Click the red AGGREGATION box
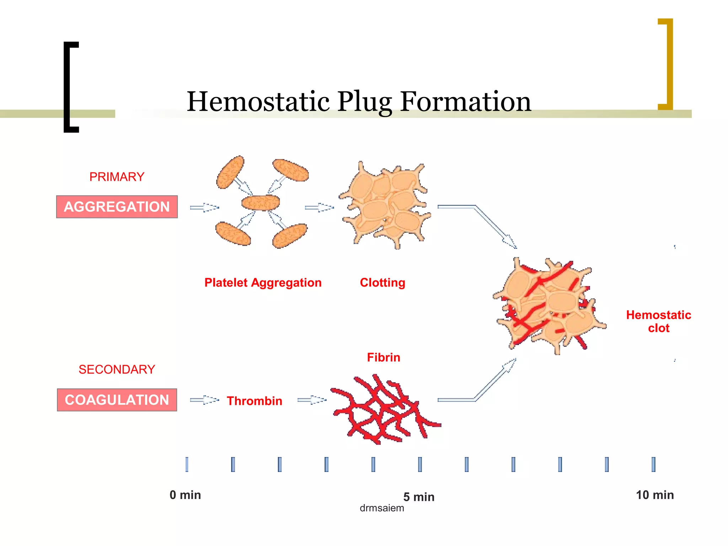click(x=117, y=207)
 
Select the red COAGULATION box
click(x=117, y=400)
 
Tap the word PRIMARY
click(x=117, y=177)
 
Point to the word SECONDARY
click(x=117, y=369)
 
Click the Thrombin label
click(x=255, y=401)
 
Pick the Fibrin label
click(x=384, y=357)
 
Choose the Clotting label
click(x=382, y=283)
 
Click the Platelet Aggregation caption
click(x=263, y=283)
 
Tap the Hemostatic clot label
click(x=658, y=321)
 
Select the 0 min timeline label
click(x=185, y=495)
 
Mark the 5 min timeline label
click(x=419, y=497)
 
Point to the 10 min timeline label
click(x=655, y=495)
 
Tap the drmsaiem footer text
click(x=382, y=508)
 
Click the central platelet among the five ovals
click(x=261, y=203)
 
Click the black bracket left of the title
click(x=68, y=87)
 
